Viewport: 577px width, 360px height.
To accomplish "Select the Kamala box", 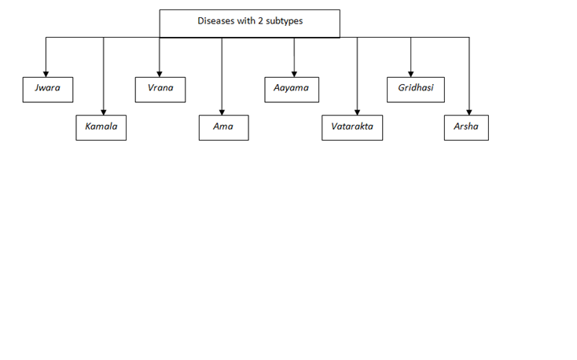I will pos(101,127).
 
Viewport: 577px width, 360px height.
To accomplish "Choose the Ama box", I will pos(223,127).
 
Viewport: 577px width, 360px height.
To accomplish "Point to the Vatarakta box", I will pos(352,127).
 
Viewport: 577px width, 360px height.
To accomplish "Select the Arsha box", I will pos(466,127).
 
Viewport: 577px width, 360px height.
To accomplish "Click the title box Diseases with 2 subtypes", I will pos(250,24).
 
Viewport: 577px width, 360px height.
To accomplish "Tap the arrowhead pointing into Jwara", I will pos(46,73).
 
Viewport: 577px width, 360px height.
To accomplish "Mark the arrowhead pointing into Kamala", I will pos(103,111).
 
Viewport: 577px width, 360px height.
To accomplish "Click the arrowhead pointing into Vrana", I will pos(160,73).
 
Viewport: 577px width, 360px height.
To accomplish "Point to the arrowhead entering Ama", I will pos(222,111).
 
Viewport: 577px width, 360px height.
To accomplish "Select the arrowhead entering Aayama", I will pos(294,73).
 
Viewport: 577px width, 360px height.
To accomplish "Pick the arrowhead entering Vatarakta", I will pos(357,111).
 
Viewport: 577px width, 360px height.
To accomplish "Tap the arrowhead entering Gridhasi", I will pos(410,73).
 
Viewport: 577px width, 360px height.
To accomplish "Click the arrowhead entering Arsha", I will pos(469,111).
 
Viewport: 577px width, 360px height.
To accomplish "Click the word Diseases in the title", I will pos(215,21).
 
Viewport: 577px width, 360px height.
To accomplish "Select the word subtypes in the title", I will pos(284,21).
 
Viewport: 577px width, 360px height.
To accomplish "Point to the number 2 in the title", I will pos(260,21).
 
